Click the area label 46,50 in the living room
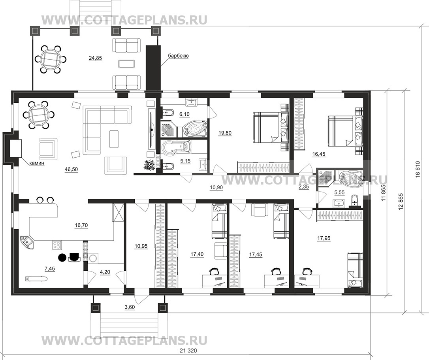[71, 170]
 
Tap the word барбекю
[178, 56]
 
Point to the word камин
[37, 164]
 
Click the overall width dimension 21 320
[188, 351]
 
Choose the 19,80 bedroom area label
[225, 133]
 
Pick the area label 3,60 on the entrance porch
[130, 307]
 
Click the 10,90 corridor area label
[216, 188]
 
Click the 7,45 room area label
[49, 269]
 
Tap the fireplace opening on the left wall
[15, 149]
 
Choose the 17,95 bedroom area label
[324, 238]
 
